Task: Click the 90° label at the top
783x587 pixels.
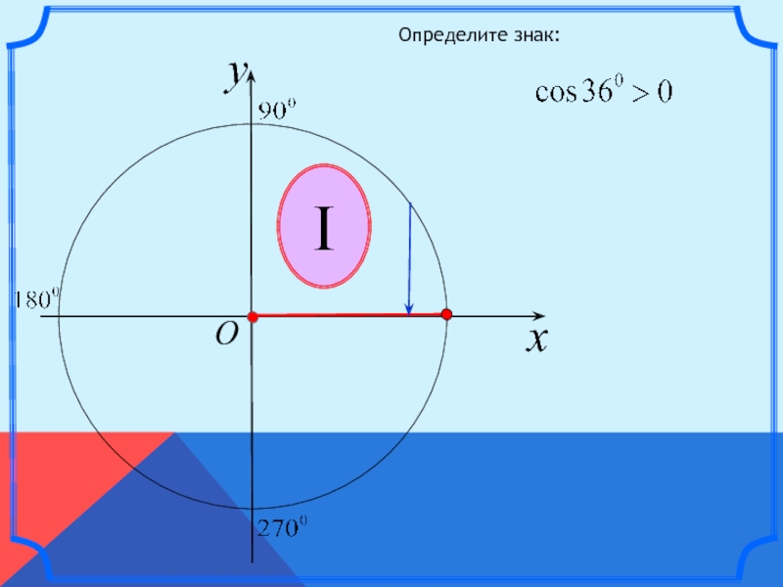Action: coord(276,112)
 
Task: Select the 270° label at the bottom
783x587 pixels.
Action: coord(282,529)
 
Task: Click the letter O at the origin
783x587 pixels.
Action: coord(227,336)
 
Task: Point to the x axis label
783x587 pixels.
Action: coord(536,339)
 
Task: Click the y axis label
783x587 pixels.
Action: coord(236,74)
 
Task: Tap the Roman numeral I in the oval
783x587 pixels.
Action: coord(324,226)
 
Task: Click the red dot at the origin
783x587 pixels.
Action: coord(252,317)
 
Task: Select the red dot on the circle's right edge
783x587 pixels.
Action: coord(446,315)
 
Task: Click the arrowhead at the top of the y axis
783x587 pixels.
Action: coord(252,68)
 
